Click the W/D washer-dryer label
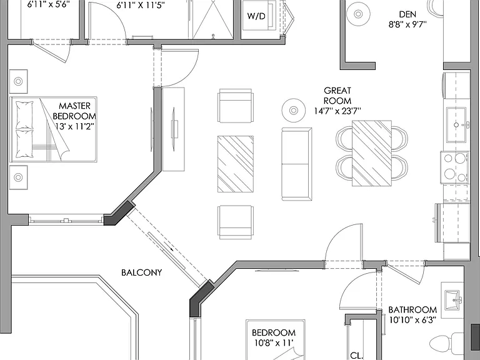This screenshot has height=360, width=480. click(256, 16)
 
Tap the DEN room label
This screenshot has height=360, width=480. click(407, 14)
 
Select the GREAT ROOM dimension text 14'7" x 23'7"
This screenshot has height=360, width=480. click(337, 111)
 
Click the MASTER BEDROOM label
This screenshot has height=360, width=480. click(74, 111)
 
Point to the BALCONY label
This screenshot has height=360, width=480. click(141, 272)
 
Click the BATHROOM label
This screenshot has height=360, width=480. click(412, 309)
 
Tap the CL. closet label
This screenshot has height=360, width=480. click(357, 356)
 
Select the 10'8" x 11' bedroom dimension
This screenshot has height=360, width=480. click(274, 343)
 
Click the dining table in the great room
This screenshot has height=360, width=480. click(372, 153)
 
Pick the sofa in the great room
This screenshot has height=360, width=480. click(297, 164)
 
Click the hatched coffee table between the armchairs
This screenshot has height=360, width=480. click(236, 164)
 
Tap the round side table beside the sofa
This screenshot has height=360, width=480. click(294, 110)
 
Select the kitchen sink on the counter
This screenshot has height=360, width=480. click(456, 125)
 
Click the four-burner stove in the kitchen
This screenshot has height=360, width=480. click(454, 167)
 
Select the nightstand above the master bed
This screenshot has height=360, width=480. click(18, 81)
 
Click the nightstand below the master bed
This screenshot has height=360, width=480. click(18, 177)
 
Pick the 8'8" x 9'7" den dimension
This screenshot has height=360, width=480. click(407, 24)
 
